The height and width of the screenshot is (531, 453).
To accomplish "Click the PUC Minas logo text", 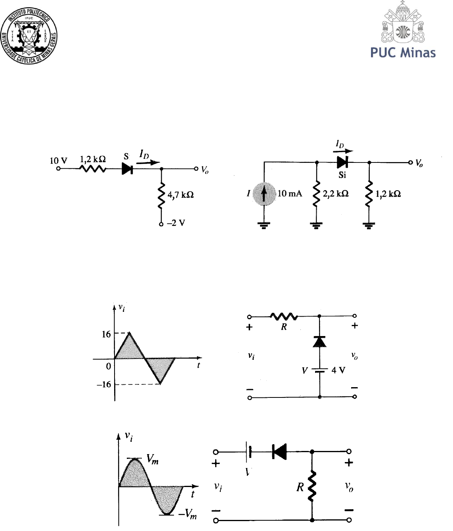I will [x=403, y=53].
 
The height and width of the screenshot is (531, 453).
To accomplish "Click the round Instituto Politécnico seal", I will [x=29, y=35].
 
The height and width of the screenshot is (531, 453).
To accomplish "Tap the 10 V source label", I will [x=58, y=160].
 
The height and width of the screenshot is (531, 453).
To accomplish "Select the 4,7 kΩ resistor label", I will [x=180, y=195].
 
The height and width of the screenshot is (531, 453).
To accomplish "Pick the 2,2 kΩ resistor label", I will [x=336, y=194].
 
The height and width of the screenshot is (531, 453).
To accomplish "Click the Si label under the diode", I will [x=342, y=175].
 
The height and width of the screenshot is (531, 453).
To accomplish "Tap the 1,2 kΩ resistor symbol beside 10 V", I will [x=93, y=169].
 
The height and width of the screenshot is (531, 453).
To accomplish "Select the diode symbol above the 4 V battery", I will [x=319, y=341].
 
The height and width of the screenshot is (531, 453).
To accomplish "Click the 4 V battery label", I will [x=338, y=371].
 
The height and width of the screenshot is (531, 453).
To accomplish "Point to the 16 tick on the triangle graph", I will [x=106, y=334].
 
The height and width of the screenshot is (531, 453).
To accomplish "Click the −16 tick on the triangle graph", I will [x=104, y=384].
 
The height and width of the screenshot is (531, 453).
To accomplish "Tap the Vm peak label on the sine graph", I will [x=152, y=459].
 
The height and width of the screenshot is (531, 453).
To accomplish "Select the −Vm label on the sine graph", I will [x=187, y=514].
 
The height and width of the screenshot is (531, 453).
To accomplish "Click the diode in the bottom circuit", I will [x=280, y=451].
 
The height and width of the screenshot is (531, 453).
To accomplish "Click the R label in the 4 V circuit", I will [x=284, y=327].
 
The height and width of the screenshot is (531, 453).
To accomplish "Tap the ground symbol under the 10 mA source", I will [x=264, y=225].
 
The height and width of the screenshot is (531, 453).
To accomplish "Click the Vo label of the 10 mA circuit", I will [x=419, y=163].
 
